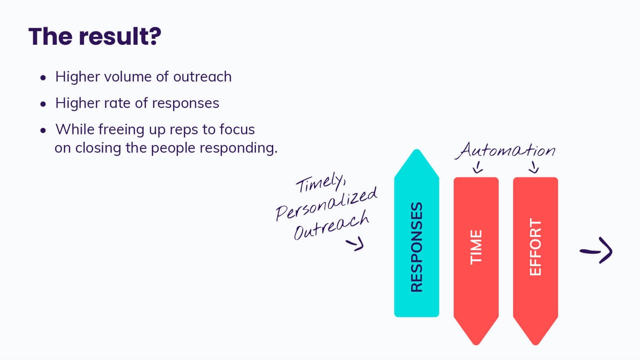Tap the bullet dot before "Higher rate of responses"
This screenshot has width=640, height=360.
[43, 104]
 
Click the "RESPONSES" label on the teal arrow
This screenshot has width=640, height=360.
[417, 246]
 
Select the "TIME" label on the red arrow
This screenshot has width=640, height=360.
[476, 246]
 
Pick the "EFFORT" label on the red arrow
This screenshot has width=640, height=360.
[535, 246]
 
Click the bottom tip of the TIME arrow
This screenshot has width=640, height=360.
[476, 342]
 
